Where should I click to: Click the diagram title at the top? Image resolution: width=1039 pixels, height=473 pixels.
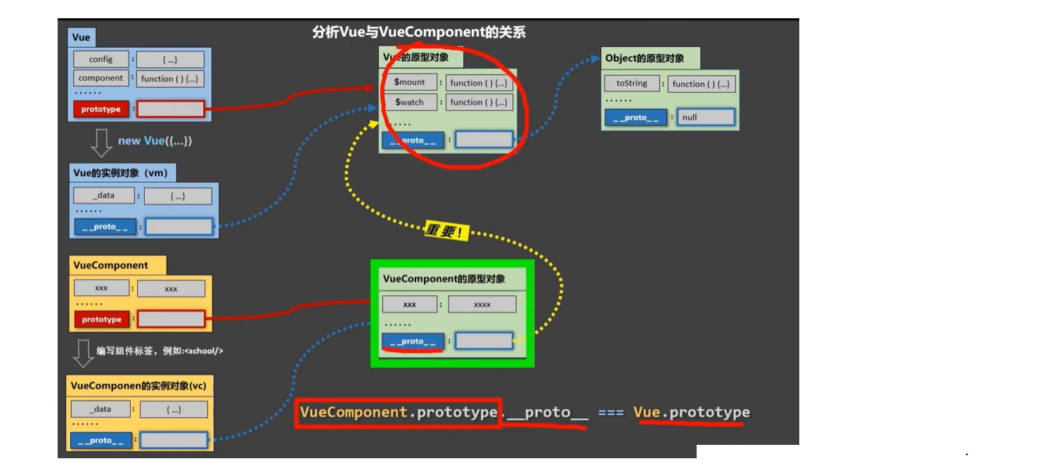pos(419,32)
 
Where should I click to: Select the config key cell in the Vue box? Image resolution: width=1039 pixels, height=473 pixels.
pos(101,60)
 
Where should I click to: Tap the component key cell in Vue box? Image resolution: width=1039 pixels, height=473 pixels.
pos(101,78)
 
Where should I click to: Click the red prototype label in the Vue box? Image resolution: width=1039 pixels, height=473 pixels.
pos(101,109)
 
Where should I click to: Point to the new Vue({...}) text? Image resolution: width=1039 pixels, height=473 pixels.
pos(155,141)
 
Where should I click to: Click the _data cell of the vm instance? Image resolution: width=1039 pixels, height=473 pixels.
pos(103,195)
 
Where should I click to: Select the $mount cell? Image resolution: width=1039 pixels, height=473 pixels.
pos(409,82)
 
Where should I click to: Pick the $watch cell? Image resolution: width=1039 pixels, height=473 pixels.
pos(409,102)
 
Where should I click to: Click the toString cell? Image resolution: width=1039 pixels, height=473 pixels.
pos(631,84)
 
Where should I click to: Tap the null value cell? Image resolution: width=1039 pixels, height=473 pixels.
pos(706,117)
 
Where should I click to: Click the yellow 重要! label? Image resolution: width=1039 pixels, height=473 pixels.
pos(446,231)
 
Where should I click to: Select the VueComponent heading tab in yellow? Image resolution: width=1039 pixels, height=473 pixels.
pos(110,266)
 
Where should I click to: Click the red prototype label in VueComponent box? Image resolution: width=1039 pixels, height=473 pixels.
pos(101,319)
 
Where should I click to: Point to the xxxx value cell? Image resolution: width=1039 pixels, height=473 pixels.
pos(482,304)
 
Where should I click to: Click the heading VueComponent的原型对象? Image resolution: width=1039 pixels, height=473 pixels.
pos(444,279)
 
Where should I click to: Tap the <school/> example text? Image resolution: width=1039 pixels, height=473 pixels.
pos(204,351)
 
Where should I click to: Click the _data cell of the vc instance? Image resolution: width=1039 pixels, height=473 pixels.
pos(101,409)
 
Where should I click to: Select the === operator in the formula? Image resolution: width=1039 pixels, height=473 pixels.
pos(611,413)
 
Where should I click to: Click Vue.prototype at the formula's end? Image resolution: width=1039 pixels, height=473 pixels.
pos(691,413)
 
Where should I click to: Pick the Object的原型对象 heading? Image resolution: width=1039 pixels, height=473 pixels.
pos(644,58)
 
